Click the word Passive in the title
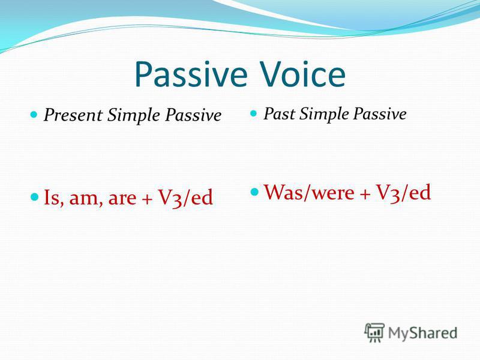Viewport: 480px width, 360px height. point(191,74)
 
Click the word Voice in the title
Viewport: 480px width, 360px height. point(303,74)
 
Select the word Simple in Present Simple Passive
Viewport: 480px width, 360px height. point(134,116)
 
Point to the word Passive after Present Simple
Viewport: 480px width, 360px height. point(193,115)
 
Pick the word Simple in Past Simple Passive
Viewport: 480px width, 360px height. point(324,114)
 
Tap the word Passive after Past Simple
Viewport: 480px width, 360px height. point(380,113)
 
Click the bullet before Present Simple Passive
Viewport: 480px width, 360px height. point(34,115)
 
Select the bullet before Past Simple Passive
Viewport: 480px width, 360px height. point(253,113)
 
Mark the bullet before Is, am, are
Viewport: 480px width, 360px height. point(35,197)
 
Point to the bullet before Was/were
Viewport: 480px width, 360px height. point(254,192)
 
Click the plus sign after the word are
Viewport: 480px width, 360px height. point(147,200)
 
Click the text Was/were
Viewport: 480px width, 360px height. point(309,192)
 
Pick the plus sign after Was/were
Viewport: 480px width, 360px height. point(365,194)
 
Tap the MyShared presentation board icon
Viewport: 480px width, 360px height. point(374,332)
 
